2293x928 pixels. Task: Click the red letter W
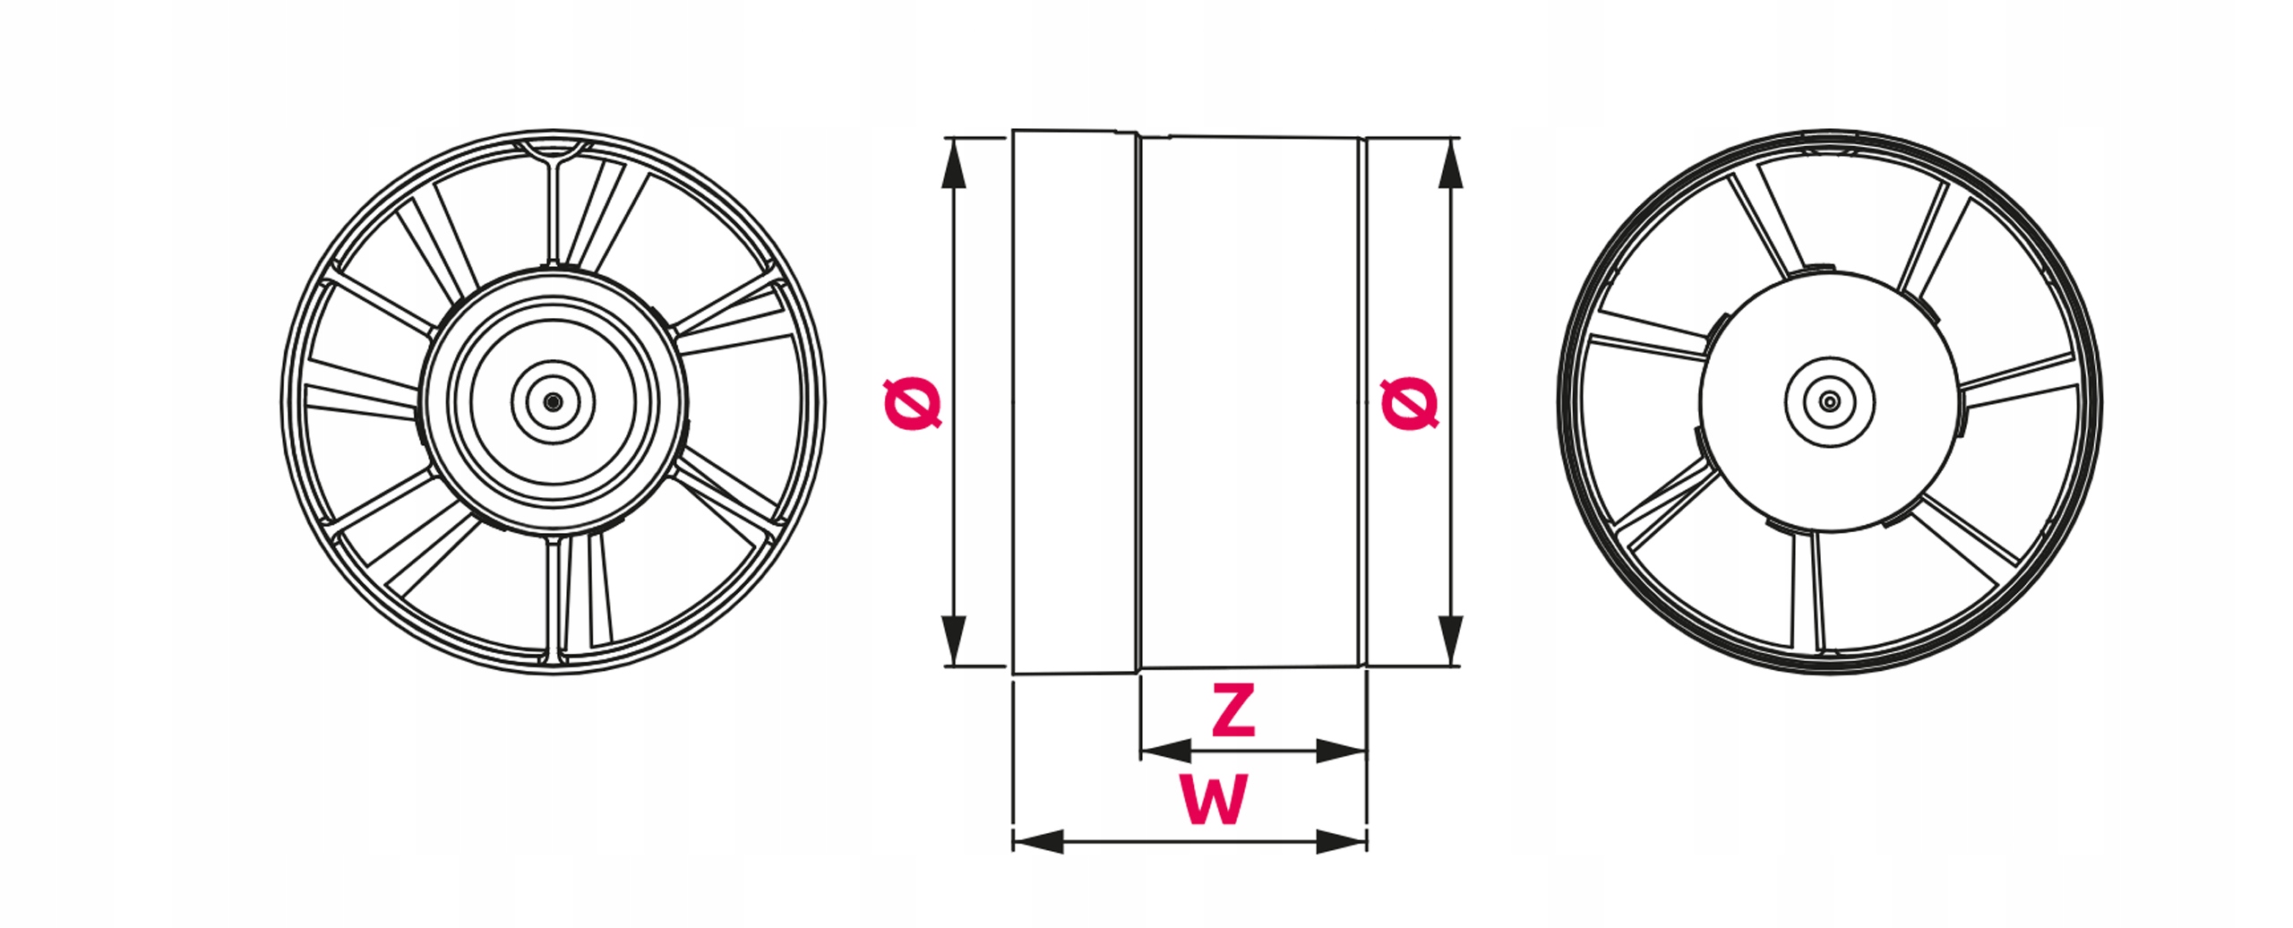click(x=1214, y=800)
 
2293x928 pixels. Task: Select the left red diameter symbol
click(x=912, y=404)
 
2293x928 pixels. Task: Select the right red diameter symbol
click(x=1409, y=404)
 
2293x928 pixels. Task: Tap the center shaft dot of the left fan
click(x=553, y=402)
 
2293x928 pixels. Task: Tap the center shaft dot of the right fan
click(x=1830, y=402)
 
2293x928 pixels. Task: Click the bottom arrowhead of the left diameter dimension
click(x=954, y=640)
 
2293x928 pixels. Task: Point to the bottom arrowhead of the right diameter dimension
click(x=1450, y=640)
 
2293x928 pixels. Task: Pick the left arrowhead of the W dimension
click(x=1039, y=841)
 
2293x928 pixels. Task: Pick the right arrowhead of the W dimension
click(x=1341, y=841)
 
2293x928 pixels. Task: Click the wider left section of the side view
click(x=1075, y=403)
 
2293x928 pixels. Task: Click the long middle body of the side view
click(x=1250, y=403)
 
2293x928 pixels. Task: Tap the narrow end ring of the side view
click(x=1363, y=403)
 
